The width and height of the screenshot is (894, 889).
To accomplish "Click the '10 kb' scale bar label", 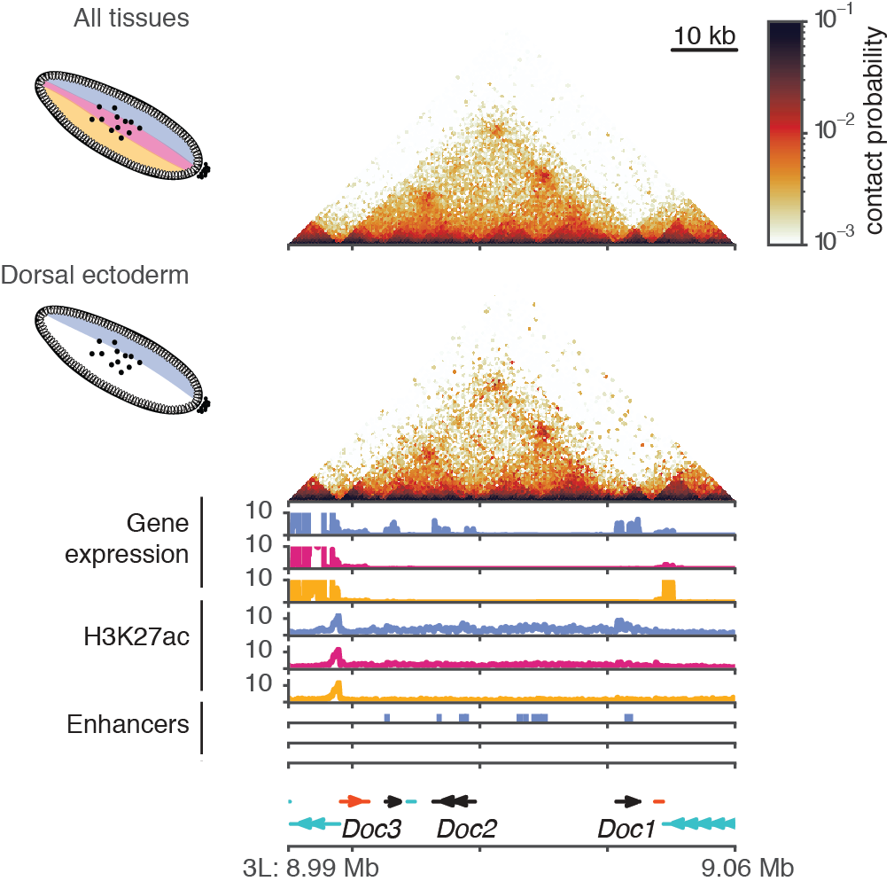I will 705,36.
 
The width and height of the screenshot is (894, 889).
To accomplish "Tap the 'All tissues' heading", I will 131,18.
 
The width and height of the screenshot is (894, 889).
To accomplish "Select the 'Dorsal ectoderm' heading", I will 95,275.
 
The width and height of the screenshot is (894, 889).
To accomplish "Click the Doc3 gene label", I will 371,830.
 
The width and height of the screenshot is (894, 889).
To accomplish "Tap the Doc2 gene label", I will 466,830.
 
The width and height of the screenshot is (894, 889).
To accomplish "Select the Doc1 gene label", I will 626,830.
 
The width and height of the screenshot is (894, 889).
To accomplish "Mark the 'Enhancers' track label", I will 128,724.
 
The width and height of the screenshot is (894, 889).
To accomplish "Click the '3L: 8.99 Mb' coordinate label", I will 310,867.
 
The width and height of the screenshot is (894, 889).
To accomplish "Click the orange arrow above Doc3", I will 355,801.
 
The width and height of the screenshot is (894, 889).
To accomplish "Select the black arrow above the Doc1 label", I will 630,801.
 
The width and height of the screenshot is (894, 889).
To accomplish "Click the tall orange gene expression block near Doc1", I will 668,589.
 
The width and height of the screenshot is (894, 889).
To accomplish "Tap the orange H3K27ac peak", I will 336,690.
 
